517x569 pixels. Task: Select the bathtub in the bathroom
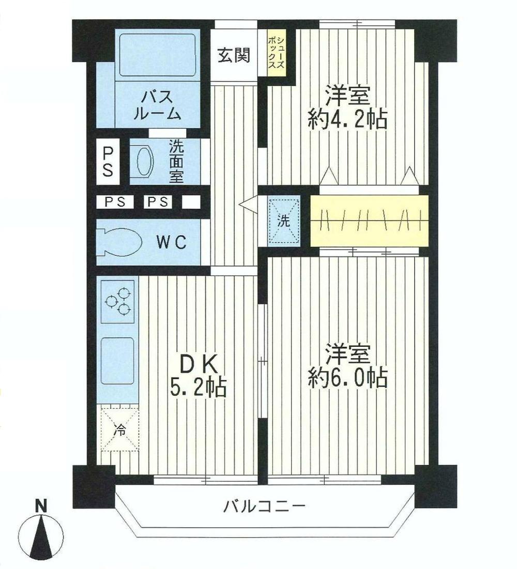[x=156, y=53]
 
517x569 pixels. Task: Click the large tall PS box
[x=108, y=161]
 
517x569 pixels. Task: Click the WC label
[x=170, y=242]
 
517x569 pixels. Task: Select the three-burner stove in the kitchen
[x=118, y=300]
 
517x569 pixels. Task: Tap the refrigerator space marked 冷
[x=119, y=429]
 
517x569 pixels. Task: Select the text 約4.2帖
[x=347, y=121]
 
